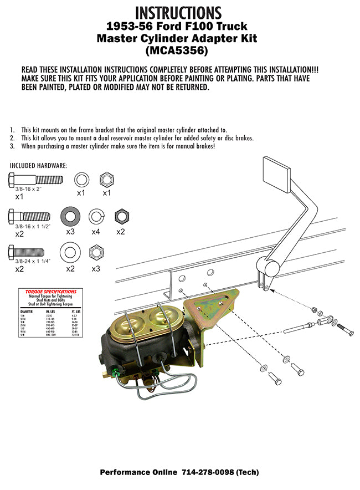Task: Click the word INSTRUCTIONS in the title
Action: coord(178,12)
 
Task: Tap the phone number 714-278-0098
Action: coord(204,473)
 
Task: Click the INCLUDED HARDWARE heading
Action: coord(38,166)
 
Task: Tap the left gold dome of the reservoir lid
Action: coord(130,323)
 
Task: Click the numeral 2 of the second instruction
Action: coord(12,138)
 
